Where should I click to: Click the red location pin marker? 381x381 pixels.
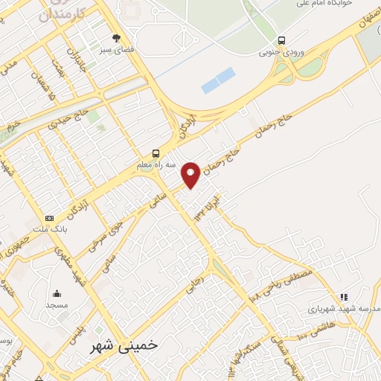tap(191, 175)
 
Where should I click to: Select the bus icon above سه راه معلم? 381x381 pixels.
tap(156, 153)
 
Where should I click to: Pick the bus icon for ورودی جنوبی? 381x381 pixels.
tap(281, 41)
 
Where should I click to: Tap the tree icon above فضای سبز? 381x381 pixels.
tap(115, 37)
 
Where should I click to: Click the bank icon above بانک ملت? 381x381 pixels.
tap(49, 218)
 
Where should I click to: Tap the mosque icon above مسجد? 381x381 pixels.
tap(57, 293)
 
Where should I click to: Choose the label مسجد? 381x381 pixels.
tap(57, 305)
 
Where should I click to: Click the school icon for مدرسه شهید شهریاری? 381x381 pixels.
tap(343, 297)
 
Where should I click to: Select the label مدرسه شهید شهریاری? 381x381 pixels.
tap(345, 308)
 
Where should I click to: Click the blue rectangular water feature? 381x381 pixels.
tap(218, 80)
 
